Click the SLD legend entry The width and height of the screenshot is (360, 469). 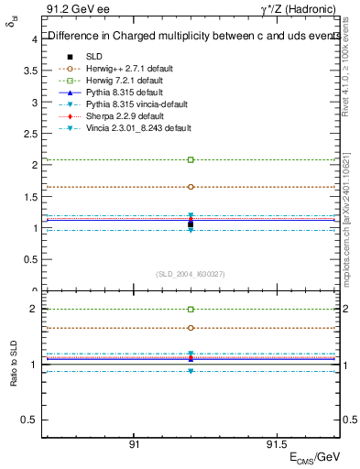click(93, 57)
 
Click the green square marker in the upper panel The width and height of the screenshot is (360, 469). click(191, 159)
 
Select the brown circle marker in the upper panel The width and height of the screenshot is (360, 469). click(191, 187)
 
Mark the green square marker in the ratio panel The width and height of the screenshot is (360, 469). click(191, 310)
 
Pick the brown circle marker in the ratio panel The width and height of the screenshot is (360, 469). click(191, 328)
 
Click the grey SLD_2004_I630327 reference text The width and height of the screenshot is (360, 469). click(191, 274)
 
